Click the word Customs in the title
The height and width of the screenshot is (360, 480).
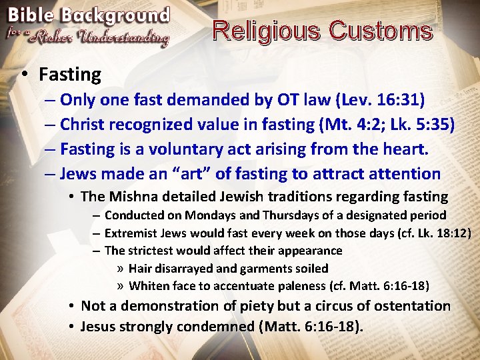[381, 31]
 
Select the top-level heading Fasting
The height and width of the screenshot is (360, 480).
[69, 75]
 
